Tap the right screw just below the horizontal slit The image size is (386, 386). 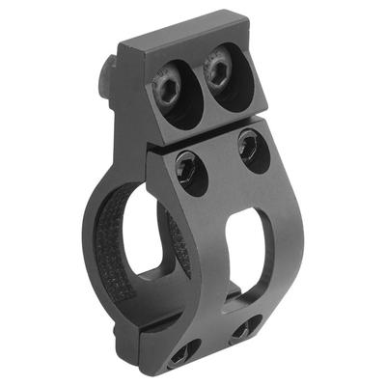pos(253,148)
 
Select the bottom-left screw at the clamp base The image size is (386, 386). pos(183,354)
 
